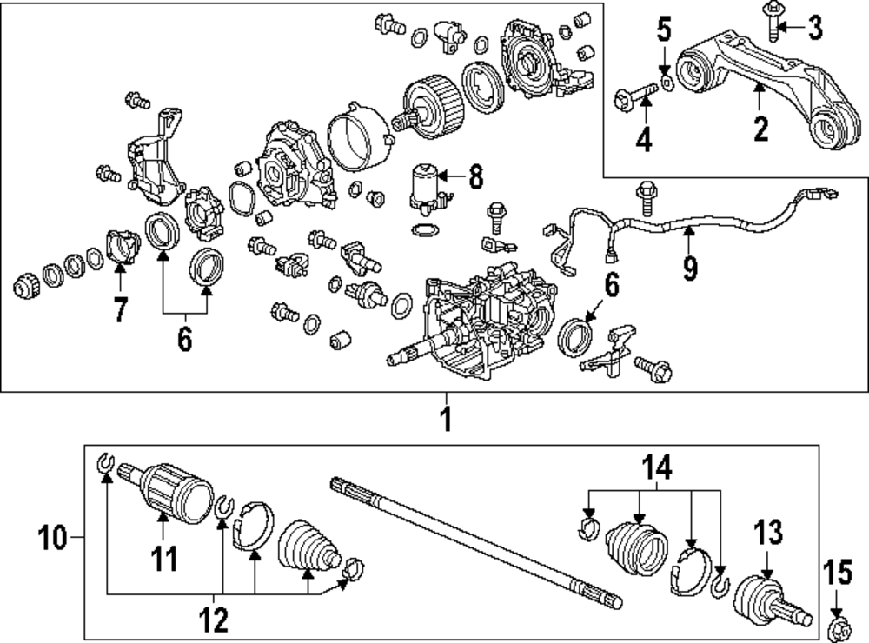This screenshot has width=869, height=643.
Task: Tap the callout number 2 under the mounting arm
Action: (760, 129)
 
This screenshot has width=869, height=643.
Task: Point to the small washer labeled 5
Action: (667, 82)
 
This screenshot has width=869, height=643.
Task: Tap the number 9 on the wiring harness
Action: (689, 267)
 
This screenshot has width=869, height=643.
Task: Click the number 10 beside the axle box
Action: (54, 540)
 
